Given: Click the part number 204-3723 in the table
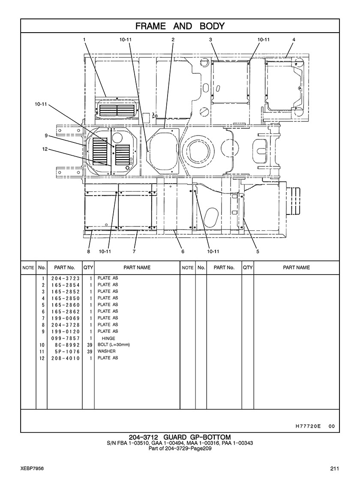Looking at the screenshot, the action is pos(66,278).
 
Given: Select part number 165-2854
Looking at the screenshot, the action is pos(66,285).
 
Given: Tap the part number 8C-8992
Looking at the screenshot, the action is pos(67,345).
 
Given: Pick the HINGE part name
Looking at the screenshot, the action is pos(108,338).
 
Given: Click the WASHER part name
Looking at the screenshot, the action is pos(106,351).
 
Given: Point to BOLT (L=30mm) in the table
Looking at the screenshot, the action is pos(114,345).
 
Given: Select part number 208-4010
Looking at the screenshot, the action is pos(66,358).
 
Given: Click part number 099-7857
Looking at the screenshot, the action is pos(66,338).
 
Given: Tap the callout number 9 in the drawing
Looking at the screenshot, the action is pos(46,136).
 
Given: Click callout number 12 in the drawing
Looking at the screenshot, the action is pos(45,149).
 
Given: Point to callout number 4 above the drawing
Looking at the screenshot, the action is pos(294,39).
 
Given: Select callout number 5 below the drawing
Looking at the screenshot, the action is pos(258,251).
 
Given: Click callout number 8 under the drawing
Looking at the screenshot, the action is pos(88,251).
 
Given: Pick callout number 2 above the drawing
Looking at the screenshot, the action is pos(173,39).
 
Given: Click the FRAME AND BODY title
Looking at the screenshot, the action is pos(180,26).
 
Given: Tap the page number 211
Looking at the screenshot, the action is pos(334,469).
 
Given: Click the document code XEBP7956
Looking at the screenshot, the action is pos(32,469).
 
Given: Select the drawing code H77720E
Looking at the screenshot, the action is pos(308,426).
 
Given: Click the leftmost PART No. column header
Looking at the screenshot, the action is pos(65,268).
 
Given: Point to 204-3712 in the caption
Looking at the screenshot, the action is pos(143,437).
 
